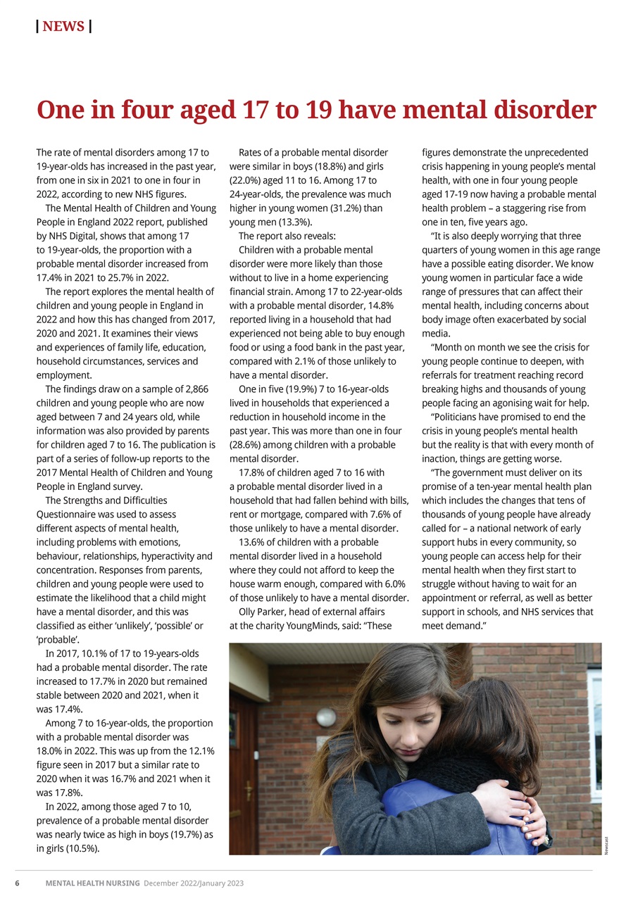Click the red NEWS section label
[63, 27]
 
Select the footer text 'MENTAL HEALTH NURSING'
[93, 883]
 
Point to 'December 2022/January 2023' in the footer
[194, 883]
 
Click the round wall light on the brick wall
[325, 717]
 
